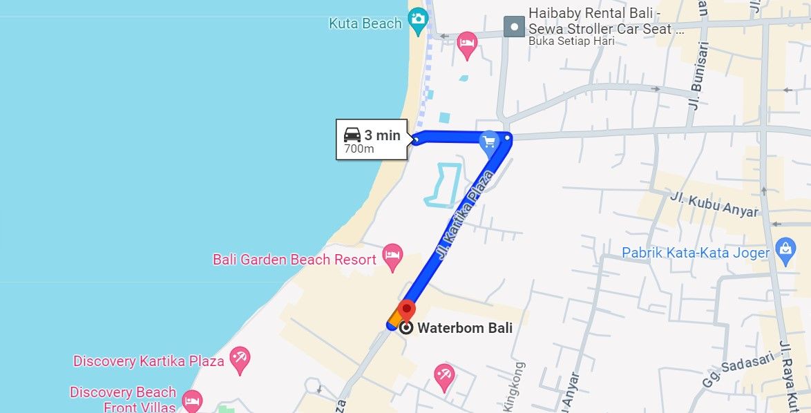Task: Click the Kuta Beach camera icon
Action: pos(417,20)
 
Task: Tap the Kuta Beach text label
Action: pos(365,23)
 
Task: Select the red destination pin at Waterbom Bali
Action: pos(407,310)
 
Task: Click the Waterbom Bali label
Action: pos(465,328)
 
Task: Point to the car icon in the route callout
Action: pos(352,135)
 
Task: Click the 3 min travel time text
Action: pos(382,135)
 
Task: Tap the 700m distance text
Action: pos(359,149)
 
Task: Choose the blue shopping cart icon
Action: pos(489,142)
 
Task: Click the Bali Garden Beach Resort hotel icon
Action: pos(392,257)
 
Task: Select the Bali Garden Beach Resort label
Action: pos(294,260)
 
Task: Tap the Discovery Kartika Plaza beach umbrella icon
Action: pos(240,360)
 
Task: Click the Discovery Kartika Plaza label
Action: pos(149,361)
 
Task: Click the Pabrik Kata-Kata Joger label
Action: pos(696,253)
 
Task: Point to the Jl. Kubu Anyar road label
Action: pos(714,204)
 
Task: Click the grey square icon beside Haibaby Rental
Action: pos(513,27)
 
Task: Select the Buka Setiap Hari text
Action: pos(571,41)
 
